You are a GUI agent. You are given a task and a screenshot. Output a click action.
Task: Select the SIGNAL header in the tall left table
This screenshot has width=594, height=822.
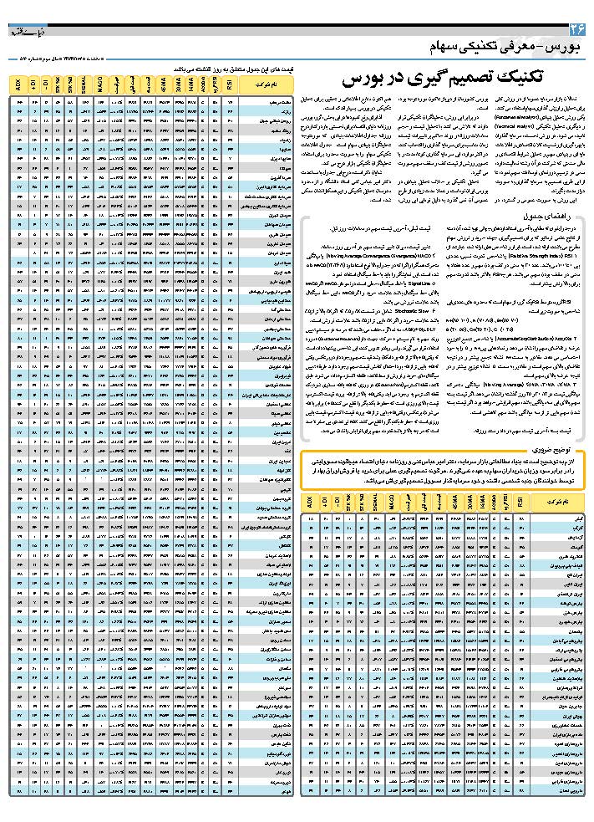[85, 83]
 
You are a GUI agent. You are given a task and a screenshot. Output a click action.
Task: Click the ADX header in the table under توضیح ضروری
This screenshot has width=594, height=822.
[309, 503]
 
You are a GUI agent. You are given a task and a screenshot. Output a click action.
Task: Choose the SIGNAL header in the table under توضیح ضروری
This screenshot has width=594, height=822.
[377, 503]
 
